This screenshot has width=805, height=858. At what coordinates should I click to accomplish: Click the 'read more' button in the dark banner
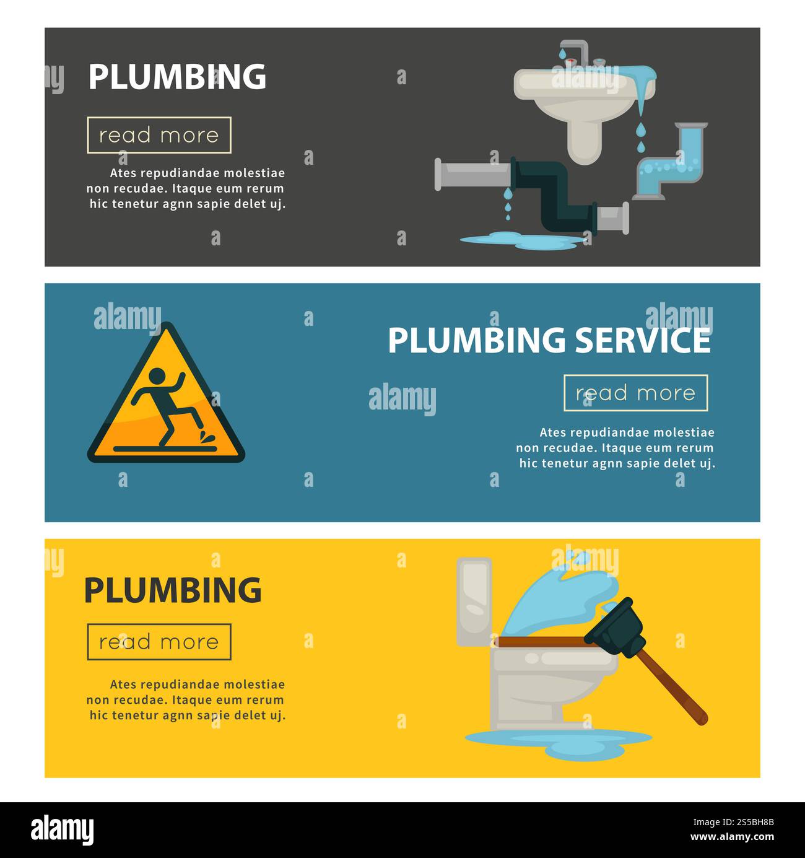tap(159, 135)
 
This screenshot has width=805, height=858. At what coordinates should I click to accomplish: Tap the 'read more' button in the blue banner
tap(635, 393)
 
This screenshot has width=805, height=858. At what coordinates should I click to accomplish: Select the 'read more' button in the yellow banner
tap(159, 642)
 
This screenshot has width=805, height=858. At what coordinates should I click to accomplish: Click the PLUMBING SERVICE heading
tap(549, 340)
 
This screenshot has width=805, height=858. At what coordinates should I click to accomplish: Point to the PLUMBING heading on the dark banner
tap(177, 77)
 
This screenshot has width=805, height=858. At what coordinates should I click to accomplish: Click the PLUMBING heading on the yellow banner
tap(173, 590)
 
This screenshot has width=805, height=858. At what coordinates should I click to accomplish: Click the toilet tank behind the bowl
tap(474, 601)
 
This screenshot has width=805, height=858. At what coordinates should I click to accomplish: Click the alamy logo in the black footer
tap(63, 830)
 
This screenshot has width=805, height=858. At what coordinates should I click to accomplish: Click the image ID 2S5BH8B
tap(739, 822)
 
